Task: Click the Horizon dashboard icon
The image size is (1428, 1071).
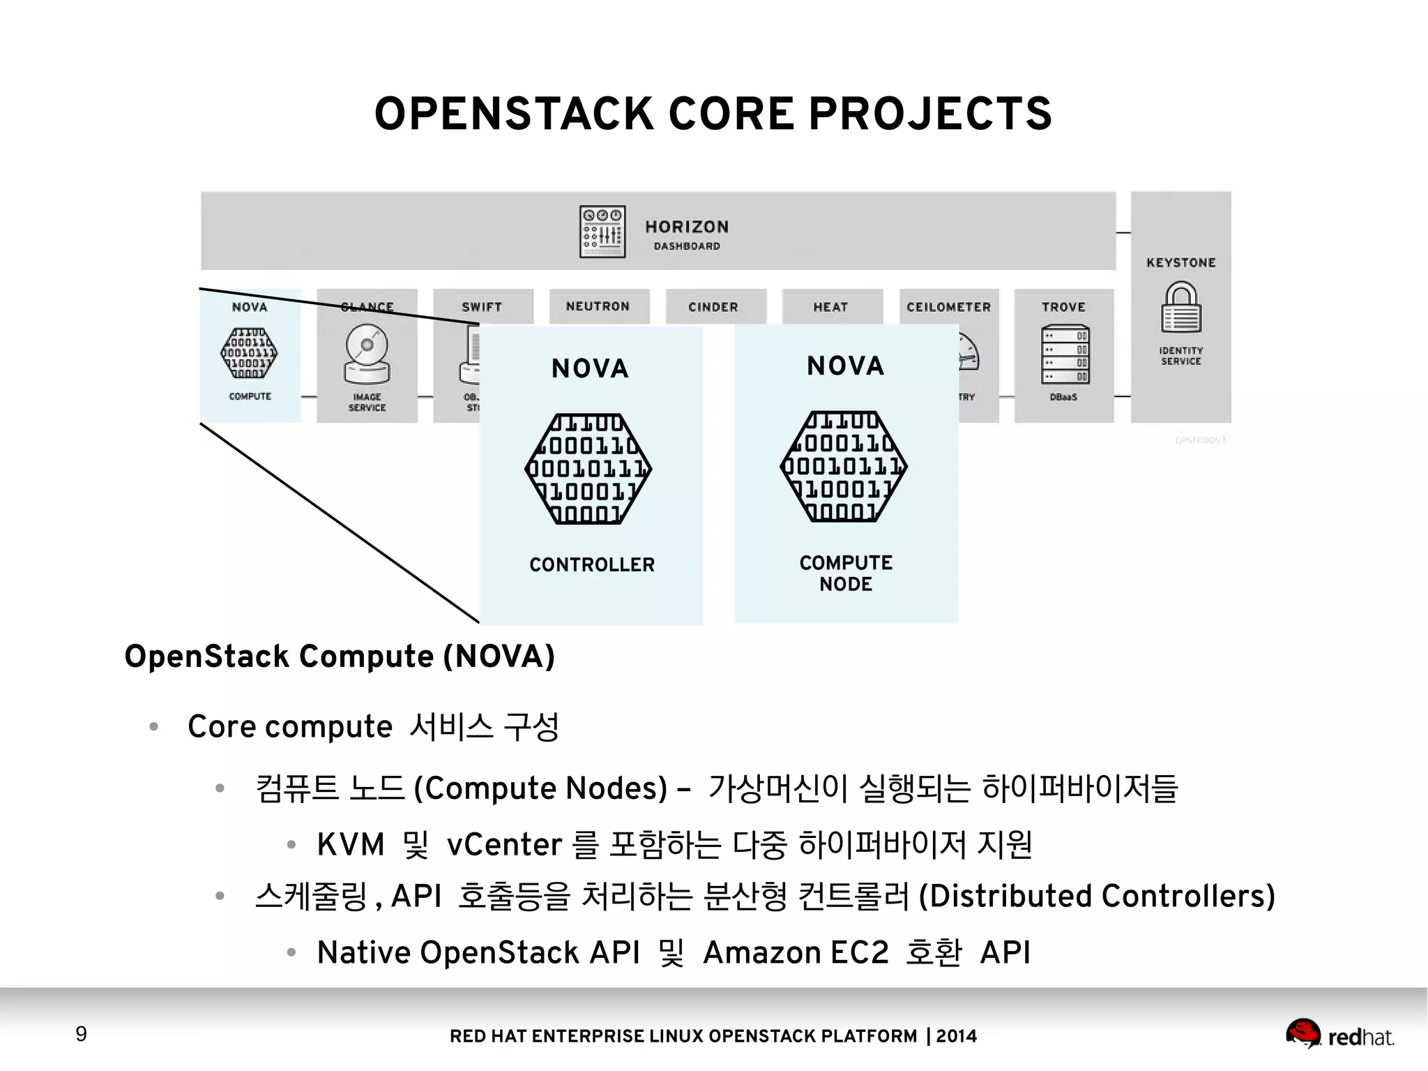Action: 602,232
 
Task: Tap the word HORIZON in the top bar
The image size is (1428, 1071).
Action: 687,227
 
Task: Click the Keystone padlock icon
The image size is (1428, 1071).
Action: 1180,307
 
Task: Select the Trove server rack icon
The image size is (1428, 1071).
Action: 1064,354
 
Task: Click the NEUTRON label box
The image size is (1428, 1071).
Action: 598,306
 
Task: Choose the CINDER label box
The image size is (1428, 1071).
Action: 713,307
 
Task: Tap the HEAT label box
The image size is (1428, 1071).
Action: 830,307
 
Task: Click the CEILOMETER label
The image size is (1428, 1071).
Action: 948,307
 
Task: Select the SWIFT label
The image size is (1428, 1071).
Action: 482,307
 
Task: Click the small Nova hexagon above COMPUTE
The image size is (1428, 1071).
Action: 249,353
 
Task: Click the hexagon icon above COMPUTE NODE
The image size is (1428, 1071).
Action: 844,466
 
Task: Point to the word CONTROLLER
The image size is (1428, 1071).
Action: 592,564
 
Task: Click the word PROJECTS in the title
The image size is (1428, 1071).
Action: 930,114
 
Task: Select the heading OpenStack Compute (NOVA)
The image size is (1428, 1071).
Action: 340,657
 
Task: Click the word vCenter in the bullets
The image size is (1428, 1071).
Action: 504,844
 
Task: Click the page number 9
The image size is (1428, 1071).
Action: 82,1033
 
